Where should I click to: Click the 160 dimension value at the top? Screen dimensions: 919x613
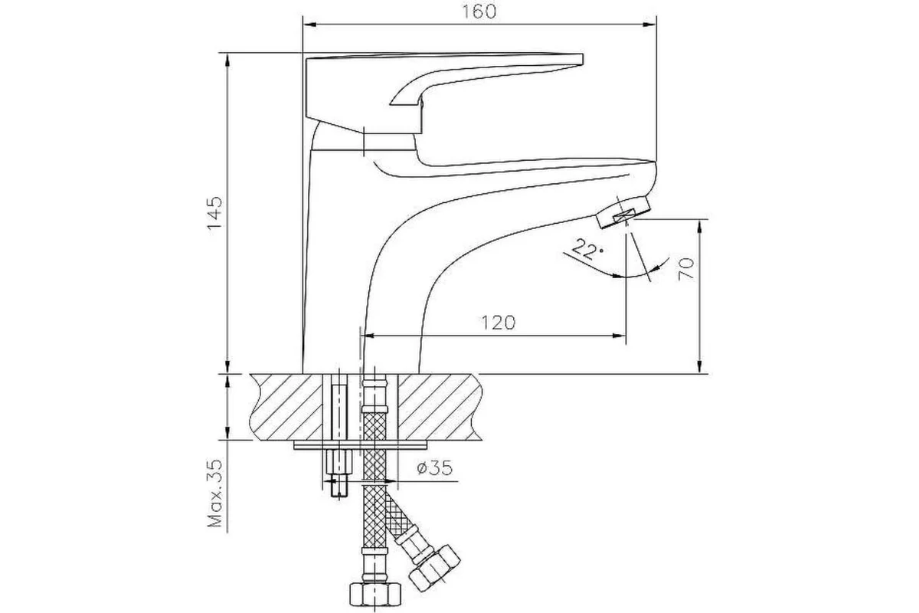[x=479, y=11]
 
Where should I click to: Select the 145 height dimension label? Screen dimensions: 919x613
[x=214, y=215]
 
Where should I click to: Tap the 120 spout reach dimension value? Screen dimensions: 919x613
[x=498, y=323]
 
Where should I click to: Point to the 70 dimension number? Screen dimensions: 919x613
[x=686, y=269]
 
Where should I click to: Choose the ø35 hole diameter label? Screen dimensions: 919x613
[x=434, y=467]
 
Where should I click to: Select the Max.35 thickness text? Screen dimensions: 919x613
[x=214, y=493]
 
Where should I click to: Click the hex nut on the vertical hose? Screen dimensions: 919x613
[x=375, y=594]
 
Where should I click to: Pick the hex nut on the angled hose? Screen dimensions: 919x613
[x=434, y=569]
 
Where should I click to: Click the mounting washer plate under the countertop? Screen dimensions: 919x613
[x=360, y=444]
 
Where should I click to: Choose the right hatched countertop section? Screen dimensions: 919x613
[x=440, y=407]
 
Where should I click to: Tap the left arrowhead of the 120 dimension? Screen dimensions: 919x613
[x=371, y=336]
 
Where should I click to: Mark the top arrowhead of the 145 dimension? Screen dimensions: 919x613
[x=227, y=61]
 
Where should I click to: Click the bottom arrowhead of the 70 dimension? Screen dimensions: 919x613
[x=700, y=366]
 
